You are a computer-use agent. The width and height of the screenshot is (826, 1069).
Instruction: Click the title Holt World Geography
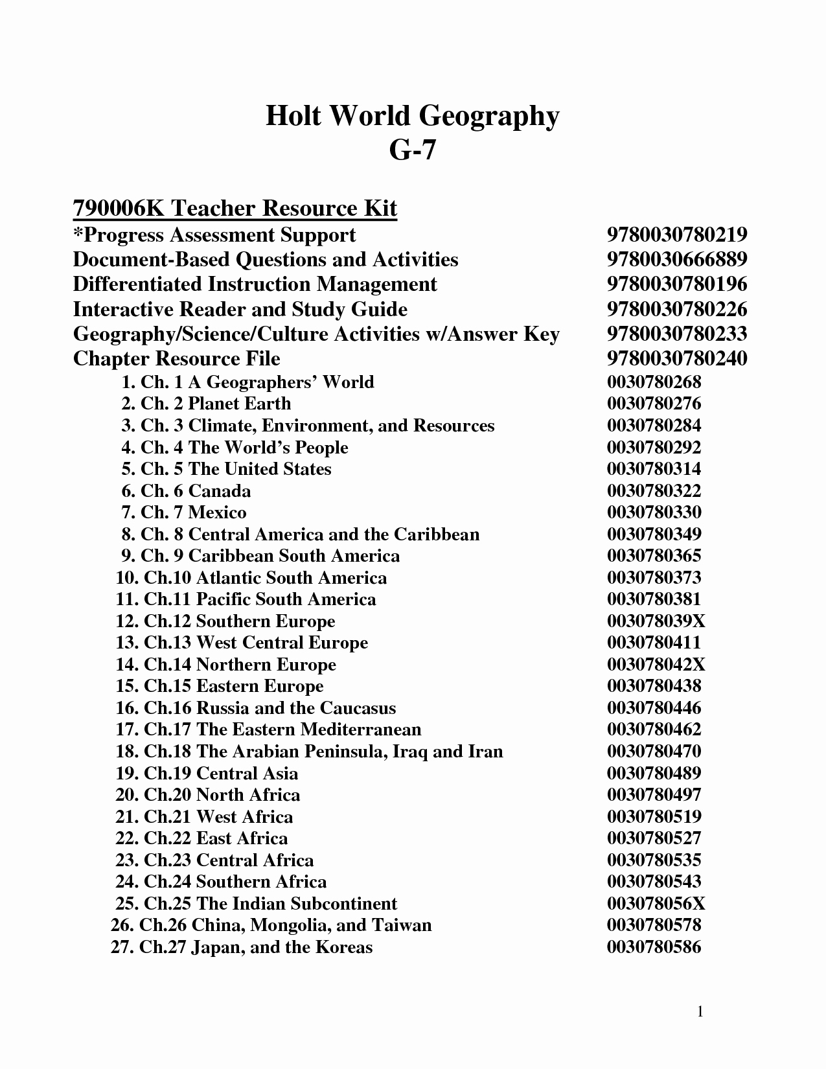point(412,117)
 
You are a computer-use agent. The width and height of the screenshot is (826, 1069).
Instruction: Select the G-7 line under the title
point(412,150)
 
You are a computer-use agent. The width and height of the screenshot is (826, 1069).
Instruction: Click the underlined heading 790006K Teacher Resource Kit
point(235,209)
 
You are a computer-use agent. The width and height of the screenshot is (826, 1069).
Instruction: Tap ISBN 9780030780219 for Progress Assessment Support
point(677,235)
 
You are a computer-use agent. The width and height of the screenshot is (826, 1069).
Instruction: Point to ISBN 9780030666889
point(677,259)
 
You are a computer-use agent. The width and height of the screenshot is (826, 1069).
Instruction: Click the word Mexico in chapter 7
point(217,512)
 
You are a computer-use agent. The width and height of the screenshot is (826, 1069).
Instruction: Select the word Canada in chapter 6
point(220,491)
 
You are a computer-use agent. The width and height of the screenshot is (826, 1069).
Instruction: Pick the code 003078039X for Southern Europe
point(656,621)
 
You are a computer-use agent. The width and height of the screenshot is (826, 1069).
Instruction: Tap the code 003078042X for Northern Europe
point(656,665)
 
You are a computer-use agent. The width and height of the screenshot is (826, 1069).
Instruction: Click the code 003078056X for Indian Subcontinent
point(656,904)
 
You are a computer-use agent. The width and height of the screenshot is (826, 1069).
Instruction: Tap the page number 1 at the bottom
point(700,1011)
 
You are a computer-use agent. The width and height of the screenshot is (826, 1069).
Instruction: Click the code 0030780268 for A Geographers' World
point(654,382)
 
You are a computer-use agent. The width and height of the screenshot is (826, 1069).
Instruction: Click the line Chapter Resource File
point(176,358)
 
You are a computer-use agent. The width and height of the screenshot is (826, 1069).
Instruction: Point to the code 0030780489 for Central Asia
point(654,774)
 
